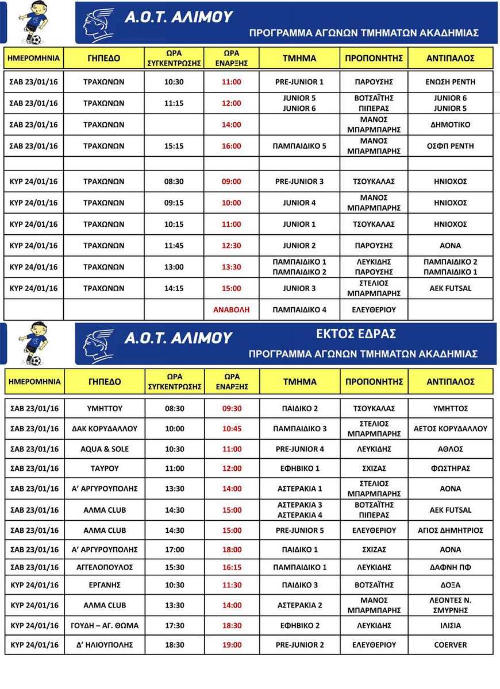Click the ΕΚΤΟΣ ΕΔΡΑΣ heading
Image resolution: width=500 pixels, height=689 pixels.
click(356, 334)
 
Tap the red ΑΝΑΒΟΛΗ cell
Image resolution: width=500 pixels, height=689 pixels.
click(232, 309)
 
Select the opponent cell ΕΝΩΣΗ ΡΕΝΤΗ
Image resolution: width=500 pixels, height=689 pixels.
click(451, 82)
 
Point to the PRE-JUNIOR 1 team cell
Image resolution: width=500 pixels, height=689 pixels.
click(299, 82)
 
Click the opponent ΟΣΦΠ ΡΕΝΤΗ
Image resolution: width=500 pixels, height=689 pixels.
click(451, 146)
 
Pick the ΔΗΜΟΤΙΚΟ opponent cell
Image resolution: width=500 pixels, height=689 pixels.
click(451, 125)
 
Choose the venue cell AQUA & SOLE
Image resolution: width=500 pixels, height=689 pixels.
click(104, 448)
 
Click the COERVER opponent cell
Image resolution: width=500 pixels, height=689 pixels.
click(451, 645)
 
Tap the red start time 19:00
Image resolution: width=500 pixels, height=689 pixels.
click(232, 645)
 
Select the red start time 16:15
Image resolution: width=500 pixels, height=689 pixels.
click(232, 567)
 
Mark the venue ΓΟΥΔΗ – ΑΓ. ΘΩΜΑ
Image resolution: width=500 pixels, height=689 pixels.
click(104, 625)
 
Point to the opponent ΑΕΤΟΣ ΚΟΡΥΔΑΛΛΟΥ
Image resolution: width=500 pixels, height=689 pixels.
click(451, 428)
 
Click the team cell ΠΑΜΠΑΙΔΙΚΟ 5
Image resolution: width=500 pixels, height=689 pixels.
click(299, 146)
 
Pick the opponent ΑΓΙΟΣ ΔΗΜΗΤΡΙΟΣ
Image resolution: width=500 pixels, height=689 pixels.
click(451, 530)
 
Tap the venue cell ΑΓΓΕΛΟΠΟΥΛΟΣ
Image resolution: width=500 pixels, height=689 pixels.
click(104, 567)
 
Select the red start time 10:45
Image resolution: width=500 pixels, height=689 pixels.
click(232, 428)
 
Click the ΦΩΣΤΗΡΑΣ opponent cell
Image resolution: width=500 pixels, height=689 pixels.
click(451, 468)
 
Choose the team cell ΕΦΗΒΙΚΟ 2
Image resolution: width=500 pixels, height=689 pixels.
click(299, 625)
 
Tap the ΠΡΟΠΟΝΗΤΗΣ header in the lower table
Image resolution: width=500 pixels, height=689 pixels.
click(374, 381)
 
